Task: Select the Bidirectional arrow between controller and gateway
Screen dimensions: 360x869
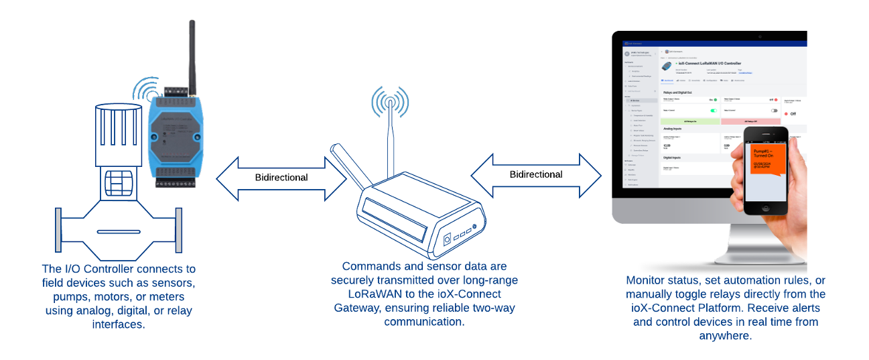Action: (281, 178)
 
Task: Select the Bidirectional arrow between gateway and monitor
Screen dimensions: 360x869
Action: (536, 174)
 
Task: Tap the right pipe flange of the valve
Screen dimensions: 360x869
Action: (178, 231)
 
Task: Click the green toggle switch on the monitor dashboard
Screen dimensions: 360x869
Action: (714, 111)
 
